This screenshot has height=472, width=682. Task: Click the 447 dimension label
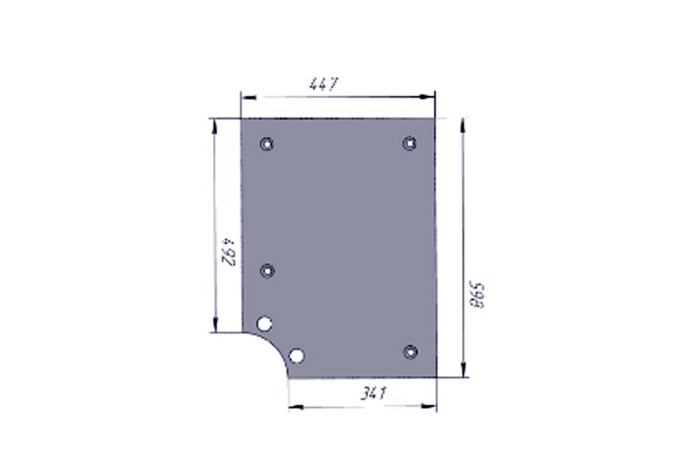[323, 84]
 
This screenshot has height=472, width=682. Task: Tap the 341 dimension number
[374, 393]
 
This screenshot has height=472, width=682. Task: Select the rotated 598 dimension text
[476, 295]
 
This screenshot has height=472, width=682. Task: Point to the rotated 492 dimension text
[229, 252]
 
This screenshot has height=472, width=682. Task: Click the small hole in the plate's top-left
[267, 144]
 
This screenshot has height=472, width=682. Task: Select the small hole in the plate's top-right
[409, 143]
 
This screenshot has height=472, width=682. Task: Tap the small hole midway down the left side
[267, 271]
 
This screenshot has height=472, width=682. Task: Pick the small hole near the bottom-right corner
[410, 351]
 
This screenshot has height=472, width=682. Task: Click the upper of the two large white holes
[264, 324]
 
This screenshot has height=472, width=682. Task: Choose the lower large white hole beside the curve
[297, 356]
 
